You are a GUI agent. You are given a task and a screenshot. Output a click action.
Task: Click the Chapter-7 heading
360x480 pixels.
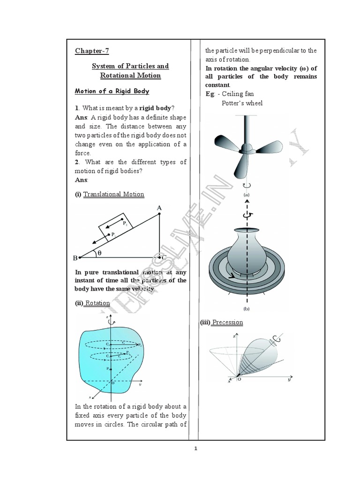(x=92, y=51)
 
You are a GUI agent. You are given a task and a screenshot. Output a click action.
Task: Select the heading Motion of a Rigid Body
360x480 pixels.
(x=112, y=91)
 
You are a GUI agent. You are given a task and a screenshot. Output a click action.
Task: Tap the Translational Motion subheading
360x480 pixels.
(x=113, y=194)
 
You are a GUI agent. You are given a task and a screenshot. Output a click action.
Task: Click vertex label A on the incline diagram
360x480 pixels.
(x=159, y=208)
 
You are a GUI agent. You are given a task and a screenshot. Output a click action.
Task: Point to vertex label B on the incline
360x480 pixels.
(x=75, y=258)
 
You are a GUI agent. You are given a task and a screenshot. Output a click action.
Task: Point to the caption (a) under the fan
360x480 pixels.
(x=246, y=193)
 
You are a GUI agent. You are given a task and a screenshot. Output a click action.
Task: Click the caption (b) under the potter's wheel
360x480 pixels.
(x=246, y=309)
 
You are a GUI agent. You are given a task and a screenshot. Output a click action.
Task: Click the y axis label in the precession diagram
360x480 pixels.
(x=290, y=381)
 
